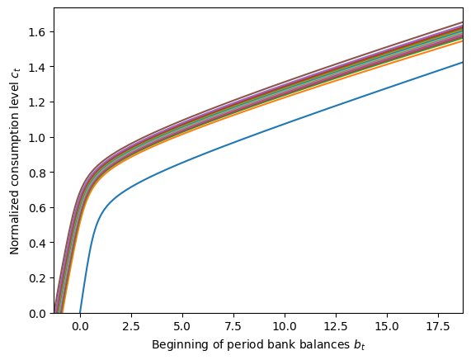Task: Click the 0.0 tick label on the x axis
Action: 80,325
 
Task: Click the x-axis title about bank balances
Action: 258,344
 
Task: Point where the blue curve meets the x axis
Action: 80,312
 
